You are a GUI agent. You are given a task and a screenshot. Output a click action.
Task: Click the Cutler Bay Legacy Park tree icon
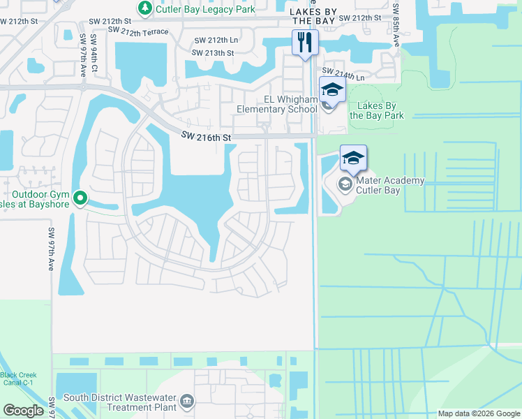pos(144,8)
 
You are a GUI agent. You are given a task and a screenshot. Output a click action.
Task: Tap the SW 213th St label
pos(213,52)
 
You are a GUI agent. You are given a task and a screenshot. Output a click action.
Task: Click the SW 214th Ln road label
pos(343,74)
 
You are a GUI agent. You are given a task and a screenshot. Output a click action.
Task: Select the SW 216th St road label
pos(206,138)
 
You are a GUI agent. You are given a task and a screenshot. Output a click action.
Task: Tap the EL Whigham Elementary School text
pos(277,104)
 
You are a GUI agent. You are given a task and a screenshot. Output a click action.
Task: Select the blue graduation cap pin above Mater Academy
pos(354,158)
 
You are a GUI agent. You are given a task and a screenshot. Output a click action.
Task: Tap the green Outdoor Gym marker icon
pos(81,199)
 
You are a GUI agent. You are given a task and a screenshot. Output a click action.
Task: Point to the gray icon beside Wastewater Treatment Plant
pos(187,401)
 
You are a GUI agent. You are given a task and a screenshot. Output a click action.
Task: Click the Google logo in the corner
pos(24,410)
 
